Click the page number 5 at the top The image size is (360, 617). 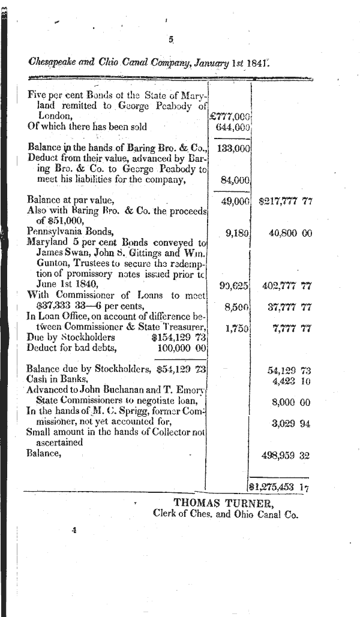click(x=170, y=40)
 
